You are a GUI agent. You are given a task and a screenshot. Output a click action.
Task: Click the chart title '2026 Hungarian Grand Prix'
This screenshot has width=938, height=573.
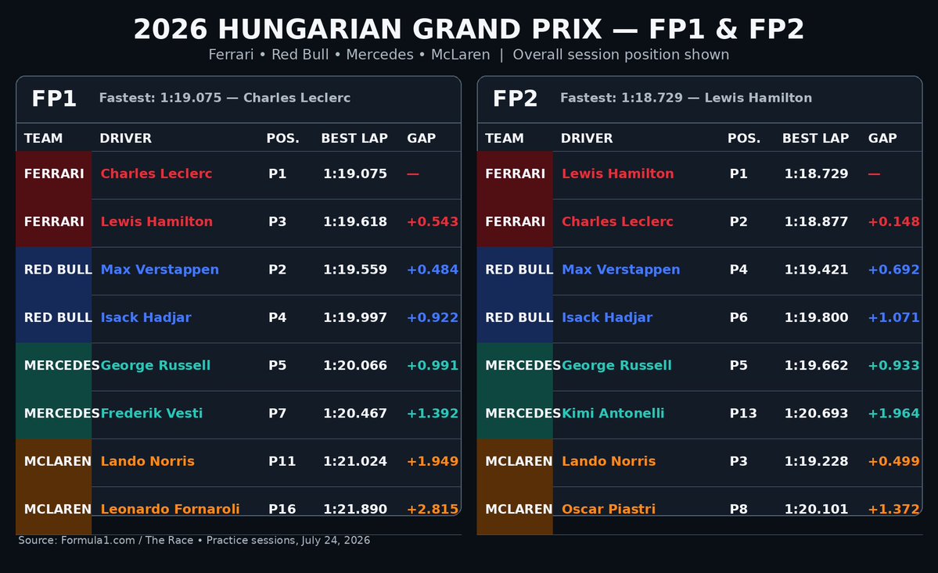coord(368,29)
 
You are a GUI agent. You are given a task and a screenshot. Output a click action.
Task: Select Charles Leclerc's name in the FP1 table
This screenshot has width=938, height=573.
coord(156,174)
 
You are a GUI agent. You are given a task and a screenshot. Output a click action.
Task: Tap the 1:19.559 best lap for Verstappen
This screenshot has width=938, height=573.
coord(354,270)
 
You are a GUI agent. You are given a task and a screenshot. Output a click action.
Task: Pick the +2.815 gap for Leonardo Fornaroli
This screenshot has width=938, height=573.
coord(433,509)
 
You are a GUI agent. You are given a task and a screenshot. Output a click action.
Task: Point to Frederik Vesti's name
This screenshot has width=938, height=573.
coord(151,414)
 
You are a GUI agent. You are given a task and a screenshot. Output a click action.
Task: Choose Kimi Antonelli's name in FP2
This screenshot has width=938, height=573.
coord(613,414)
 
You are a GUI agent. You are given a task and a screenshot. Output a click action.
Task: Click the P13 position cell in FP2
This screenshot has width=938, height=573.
coord(743,414)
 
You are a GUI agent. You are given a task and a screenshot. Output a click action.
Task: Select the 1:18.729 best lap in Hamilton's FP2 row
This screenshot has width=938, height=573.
coord(816,174)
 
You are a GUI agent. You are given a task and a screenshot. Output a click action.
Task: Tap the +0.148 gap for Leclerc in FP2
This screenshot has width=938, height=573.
coord(893,222)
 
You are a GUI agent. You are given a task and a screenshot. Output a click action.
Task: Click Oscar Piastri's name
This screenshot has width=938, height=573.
coord(609,509)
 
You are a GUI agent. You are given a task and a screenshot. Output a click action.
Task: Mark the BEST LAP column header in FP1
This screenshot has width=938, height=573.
coord(354,138)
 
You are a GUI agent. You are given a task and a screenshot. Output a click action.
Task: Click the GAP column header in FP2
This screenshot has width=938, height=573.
coord(882,138)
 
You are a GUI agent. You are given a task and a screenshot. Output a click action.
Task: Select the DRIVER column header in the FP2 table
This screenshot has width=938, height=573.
coord(586,138)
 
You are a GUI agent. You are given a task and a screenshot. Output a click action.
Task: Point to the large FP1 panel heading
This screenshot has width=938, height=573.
coord(54,98)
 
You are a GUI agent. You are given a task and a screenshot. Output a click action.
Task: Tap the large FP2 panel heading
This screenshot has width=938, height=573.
coord(515,98)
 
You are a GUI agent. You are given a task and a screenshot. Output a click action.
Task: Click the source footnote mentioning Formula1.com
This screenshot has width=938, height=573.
coord(194,540)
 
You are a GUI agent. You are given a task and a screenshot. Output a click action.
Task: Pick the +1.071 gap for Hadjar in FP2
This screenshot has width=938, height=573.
coord(893,317)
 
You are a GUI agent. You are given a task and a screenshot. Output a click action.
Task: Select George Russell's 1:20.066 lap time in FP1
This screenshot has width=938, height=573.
coord(354,365)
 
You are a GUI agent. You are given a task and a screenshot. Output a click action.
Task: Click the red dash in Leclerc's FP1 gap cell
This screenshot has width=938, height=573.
coord(413,174)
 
